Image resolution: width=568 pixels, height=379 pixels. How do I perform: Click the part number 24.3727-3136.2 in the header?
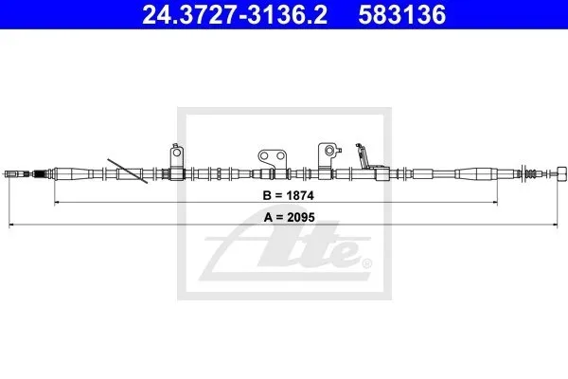235,15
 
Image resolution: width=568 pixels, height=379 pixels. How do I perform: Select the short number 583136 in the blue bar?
402,15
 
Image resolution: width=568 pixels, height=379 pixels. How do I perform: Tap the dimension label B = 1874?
289,195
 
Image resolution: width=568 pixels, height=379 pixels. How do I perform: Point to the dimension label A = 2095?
290,217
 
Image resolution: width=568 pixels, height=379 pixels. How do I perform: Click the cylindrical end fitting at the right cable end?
560,173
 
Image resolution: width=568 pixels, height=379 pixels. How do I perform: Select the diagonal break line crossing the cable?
128,171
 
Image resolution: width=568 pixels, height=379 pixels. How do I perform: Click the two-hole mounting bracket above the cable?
273,158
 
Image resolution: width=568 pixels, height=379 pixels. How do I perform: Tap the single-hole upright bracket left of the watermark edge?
177,156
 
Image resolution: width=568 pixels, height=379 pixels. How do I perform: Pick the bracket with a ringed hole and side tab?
328,155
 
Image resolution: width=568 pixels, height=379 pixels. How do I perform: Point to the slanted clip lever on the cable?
363,156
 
